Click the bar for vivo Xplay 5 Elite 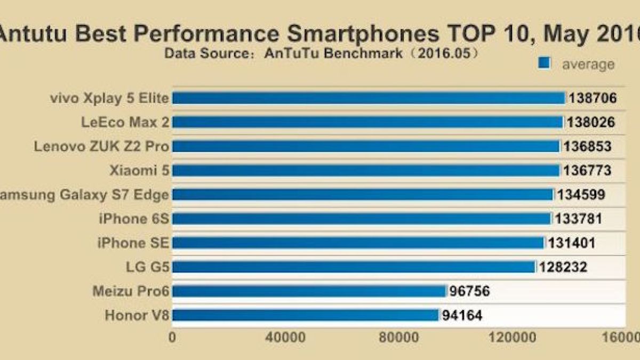pyautogui.click(x=368, y=98)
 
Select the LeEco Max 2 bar pyautogui.click(x=367, y=122)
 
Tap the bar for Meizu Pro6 pyautogui.click(x=309, y=291)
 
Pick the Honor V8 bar pyautogui.click(x=305, y=315)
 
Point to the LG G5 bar pyautogui.click(x=354, y=267)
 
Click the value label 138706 pyautogui.click(x=593, y=98)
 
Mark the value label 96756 pyautogui.click(x=470, y=291)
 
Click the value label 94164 pyautogui.click(x=462, y=315)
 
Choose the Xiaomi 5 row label pyautogui.click(x=139, y=171)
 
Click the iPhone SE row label pyautogui.click(x=133, y=243)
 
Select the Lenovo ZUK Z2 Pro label pyautogui.click(x=102, y=146)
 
